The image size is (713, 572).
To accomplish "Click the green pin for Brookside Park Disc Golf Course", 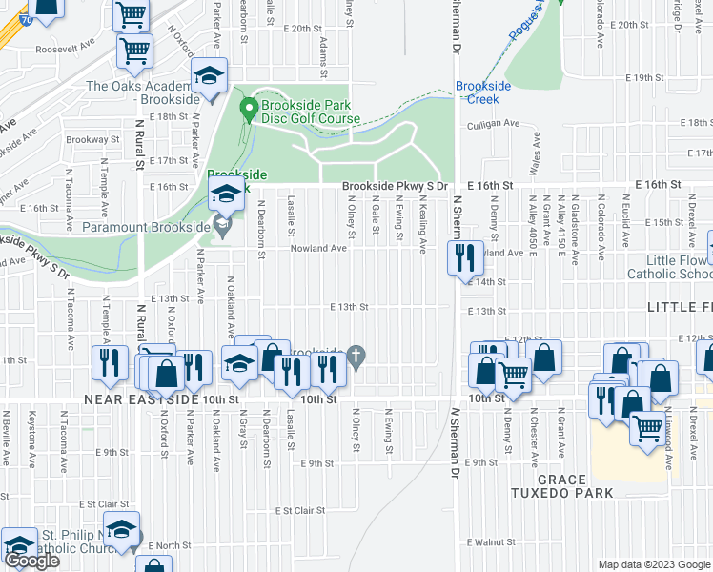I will [249, 111].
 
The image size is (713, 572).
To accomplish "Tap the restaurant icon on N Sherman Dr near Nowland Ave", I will [464, 257].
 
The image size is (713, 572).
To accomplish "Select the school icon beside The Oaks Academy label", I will [210, 75].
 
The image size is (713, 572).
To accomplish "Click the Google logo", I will [31, 561].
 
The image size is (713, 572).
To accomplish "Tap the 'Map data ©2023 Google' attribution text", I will [654, 564].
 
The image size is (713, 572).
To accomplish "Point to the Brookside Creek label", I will [483, 92].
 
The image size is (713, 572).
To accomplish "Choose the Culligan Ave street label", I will [493, 123].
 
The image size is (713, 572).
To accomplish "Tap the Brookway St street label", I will [94, 139].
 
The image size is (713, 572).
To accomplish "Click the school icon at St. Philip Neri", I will [122, 529].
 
